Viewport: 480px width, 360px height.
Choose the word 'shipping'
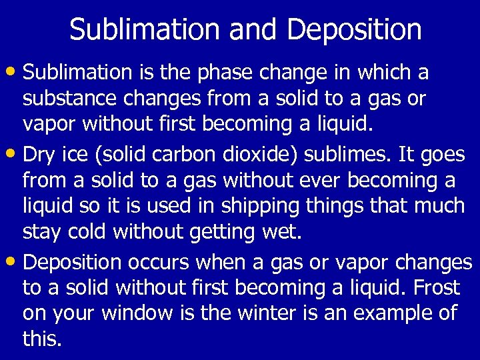[x=263, y=207]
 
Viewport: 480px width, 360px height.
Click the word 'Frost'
[x=437, y=288]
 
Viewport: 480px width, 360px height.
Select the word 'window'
[x=142, y=313]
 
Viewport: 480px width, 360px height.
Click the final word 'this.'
[x=42, y=339]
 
